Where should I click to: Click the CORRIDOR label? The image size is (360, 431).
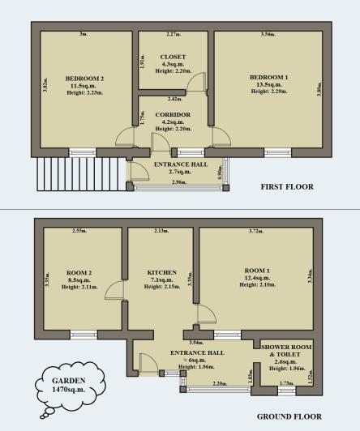click(x=173, y=115)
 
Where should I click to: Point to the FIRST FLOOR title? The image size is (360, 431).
click(x=287, y=187)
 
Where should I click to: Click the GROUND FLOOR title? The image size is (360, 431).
click(x=285, y=416)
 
